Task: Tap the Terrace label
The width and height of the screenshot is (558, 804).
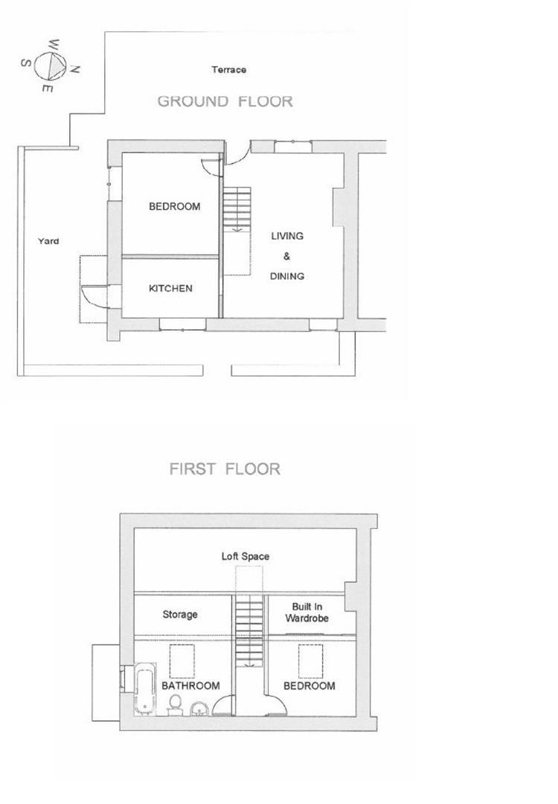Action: tap(229, 70)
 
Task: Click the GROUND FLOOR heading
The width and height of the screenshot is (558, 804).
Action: tap(225, 101)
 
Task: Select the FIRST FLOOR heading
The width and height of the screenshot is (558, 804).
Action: tap(225, 469)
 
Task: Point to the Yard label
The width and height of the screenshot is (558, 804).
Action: tap(48, 241)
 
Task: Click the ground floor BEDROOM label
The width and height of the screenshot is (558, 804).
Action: tap(174, 207)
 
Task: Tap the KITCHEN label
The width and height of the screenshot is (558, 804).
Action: tap(170, 289)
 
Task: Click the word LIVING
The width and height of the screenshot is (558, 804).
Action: tap(287, 236)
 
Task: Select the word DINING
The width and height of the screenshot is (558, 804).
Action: tap(287, 276)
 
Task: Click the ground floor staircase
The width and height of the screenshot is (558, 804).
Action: tap(237, 209)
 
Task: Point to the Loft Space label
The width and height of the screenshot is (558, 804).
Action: tap(245, 556)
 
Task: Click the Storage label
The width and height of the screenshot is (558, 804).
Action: tap(180, 614)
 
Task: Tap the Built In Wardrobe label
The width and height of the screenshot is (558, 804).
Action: tap(307, 613)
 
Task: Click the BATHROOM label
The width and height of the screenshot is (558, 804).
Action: tap(190, 686)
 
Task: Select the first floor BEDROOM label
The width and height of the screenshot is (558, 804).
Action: tap(310, 686)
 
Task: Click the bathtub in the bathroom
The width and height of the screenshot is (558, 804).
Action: tap(145, 688)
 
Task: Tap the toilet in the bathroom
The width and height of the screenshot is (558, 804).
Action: tap(176, 704)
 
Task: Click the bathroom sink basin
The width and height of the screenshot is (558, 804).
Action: tap(199, 709)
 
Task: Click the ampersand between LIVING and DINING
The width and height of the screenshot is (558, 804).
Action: tap(286, 256)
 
